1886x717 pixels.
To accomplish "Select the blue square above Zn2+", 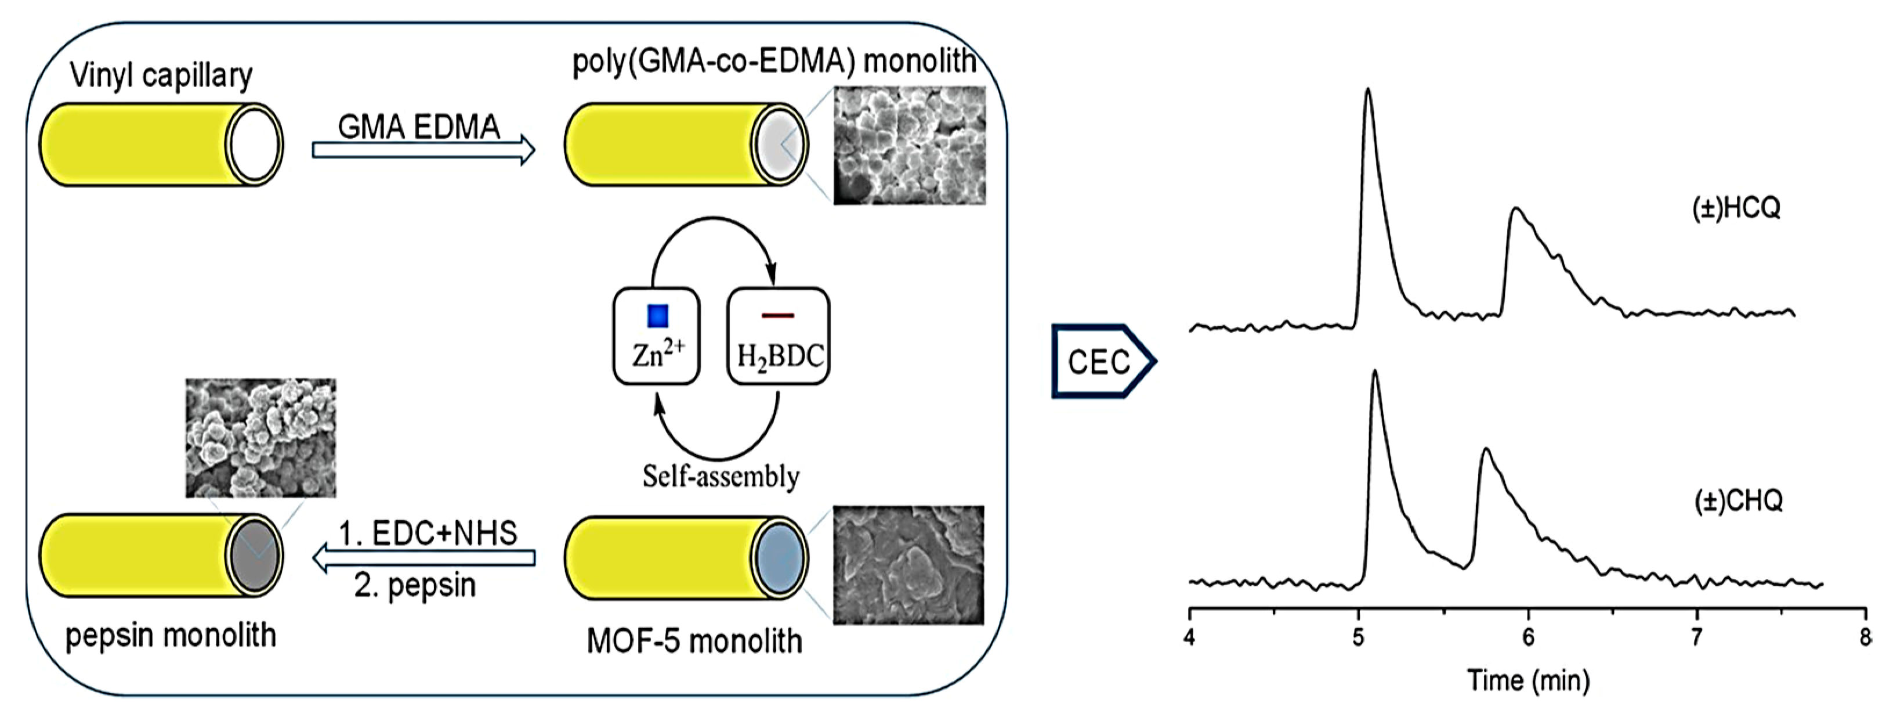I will click(657, 316).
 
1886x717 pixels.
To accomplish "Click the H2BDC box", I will click(779, 336).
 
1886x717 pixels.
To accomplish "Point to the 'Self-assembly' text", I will click(721, 477).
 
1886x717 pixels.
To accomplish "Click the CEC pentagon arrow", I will click(1102, 361).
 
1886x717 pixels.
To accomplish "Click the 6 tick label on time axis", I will click(1528, 636).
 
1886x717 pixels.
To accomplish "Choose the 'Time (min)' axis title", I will click(1528, 680).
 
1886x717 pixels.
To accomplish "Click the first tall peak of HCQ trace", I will click(1367, 92).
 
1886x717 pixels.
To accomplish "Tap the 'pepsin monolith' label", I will click(171, 635).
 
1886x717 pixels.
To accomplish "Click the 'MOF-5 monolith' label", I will click(694, 642).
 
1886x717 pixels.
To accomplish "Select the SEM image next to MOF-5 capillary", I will click(908, 565).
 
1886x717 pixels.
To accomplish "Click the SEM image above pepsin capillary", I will click(260, 438).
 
